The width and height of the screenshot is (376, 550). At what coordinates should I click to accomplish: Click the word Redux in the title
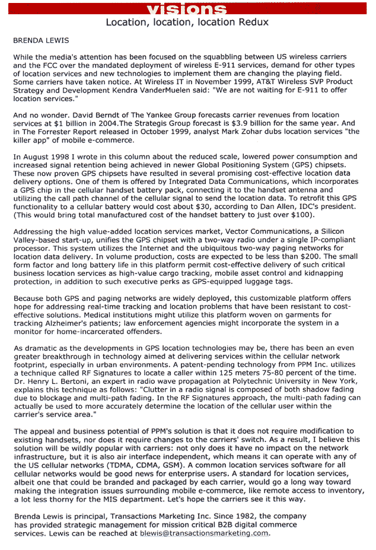pyautogui.click(x=255, y=22)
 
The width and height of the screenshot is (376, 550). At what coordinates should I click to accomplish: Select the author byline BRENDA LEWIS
pyautogui.click(x=41, y=41)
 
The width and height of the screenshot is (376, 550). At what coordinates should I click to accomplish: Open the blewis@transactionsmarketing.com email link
pyautogui.click(x=204, y=533)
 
